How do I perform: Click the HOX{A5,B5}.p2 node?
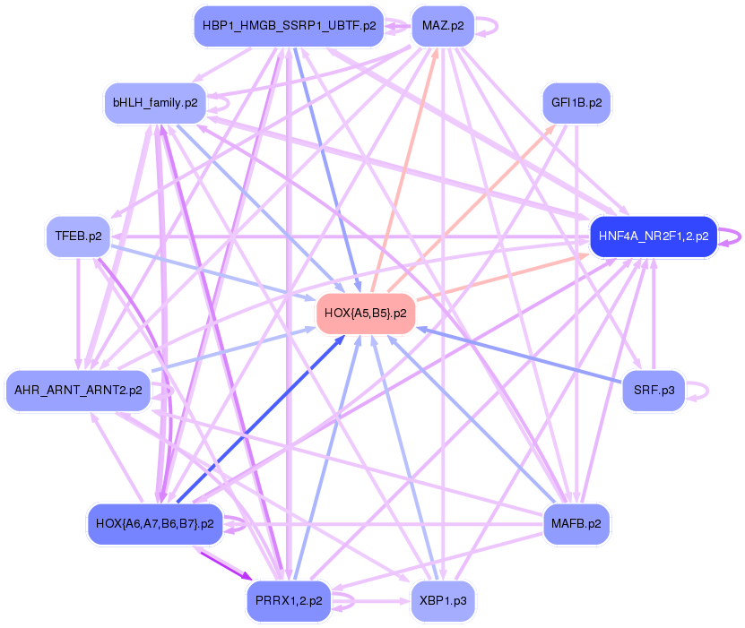point(365,314)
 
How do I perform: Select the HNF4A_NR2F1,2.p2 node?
point(652,237)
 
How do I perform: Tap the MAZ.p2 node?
point(442,26)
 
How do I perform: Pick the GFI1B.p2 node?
point(576,103)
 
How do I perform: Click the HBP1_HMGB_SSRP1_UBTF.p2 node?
point(289,26)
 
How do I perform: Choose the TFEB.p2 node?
point(78,237)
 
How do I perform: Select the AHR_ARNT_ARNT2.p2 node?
point(78,391)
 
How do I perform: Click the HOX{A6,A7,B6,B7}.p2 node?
point(154,523)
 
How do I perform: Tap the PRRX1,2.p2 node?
point(289,600)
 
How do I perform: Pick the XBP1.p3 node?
point(442,600)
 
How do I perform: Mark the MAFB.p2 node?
point(576,523)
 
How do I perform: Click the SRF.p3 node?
point(654,391)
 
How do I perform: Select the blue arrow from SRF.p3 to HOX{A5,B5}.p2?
point(520,359)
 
